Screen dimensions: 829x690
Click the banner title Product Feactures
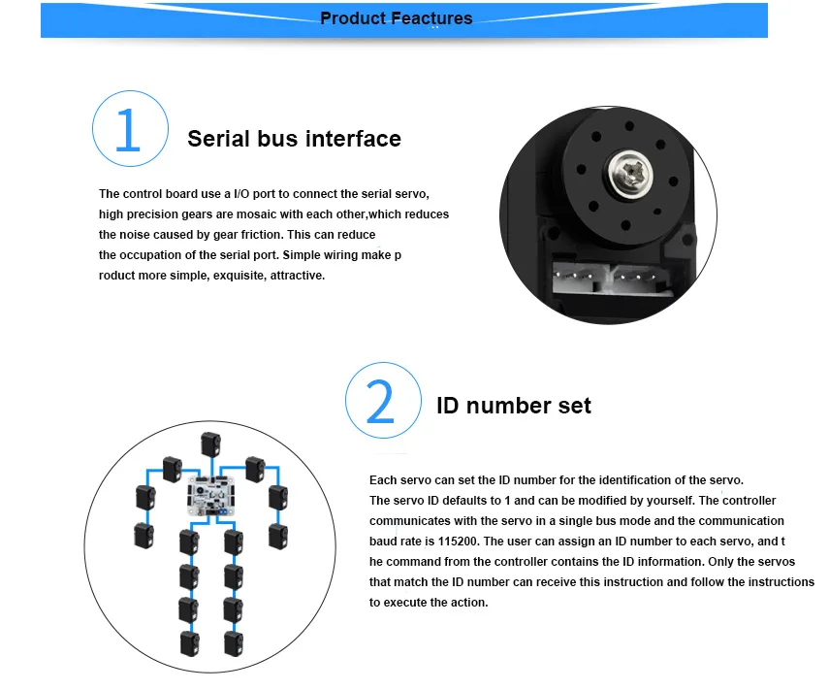396,18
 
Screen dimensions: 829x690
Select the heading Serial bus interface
294,139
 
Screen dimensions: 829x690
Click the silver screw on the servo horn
630,173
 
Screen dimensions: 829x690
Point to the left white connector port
580,277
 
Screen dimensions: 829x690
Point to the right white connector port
641,278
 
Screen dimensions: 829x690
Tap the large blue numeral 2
380,402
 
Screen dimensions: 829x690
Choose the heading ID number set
513,406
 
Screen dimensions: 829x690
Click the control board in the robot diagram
211,496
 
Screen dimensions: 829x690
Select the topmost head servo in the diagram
210,444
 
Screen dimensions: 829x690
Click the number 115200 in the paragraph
459,542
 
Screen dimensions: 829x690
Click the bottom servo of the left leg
190,644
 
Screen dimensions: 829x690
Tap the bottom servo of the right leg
234,644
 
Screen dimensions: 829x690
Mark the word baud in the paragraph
382,542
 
